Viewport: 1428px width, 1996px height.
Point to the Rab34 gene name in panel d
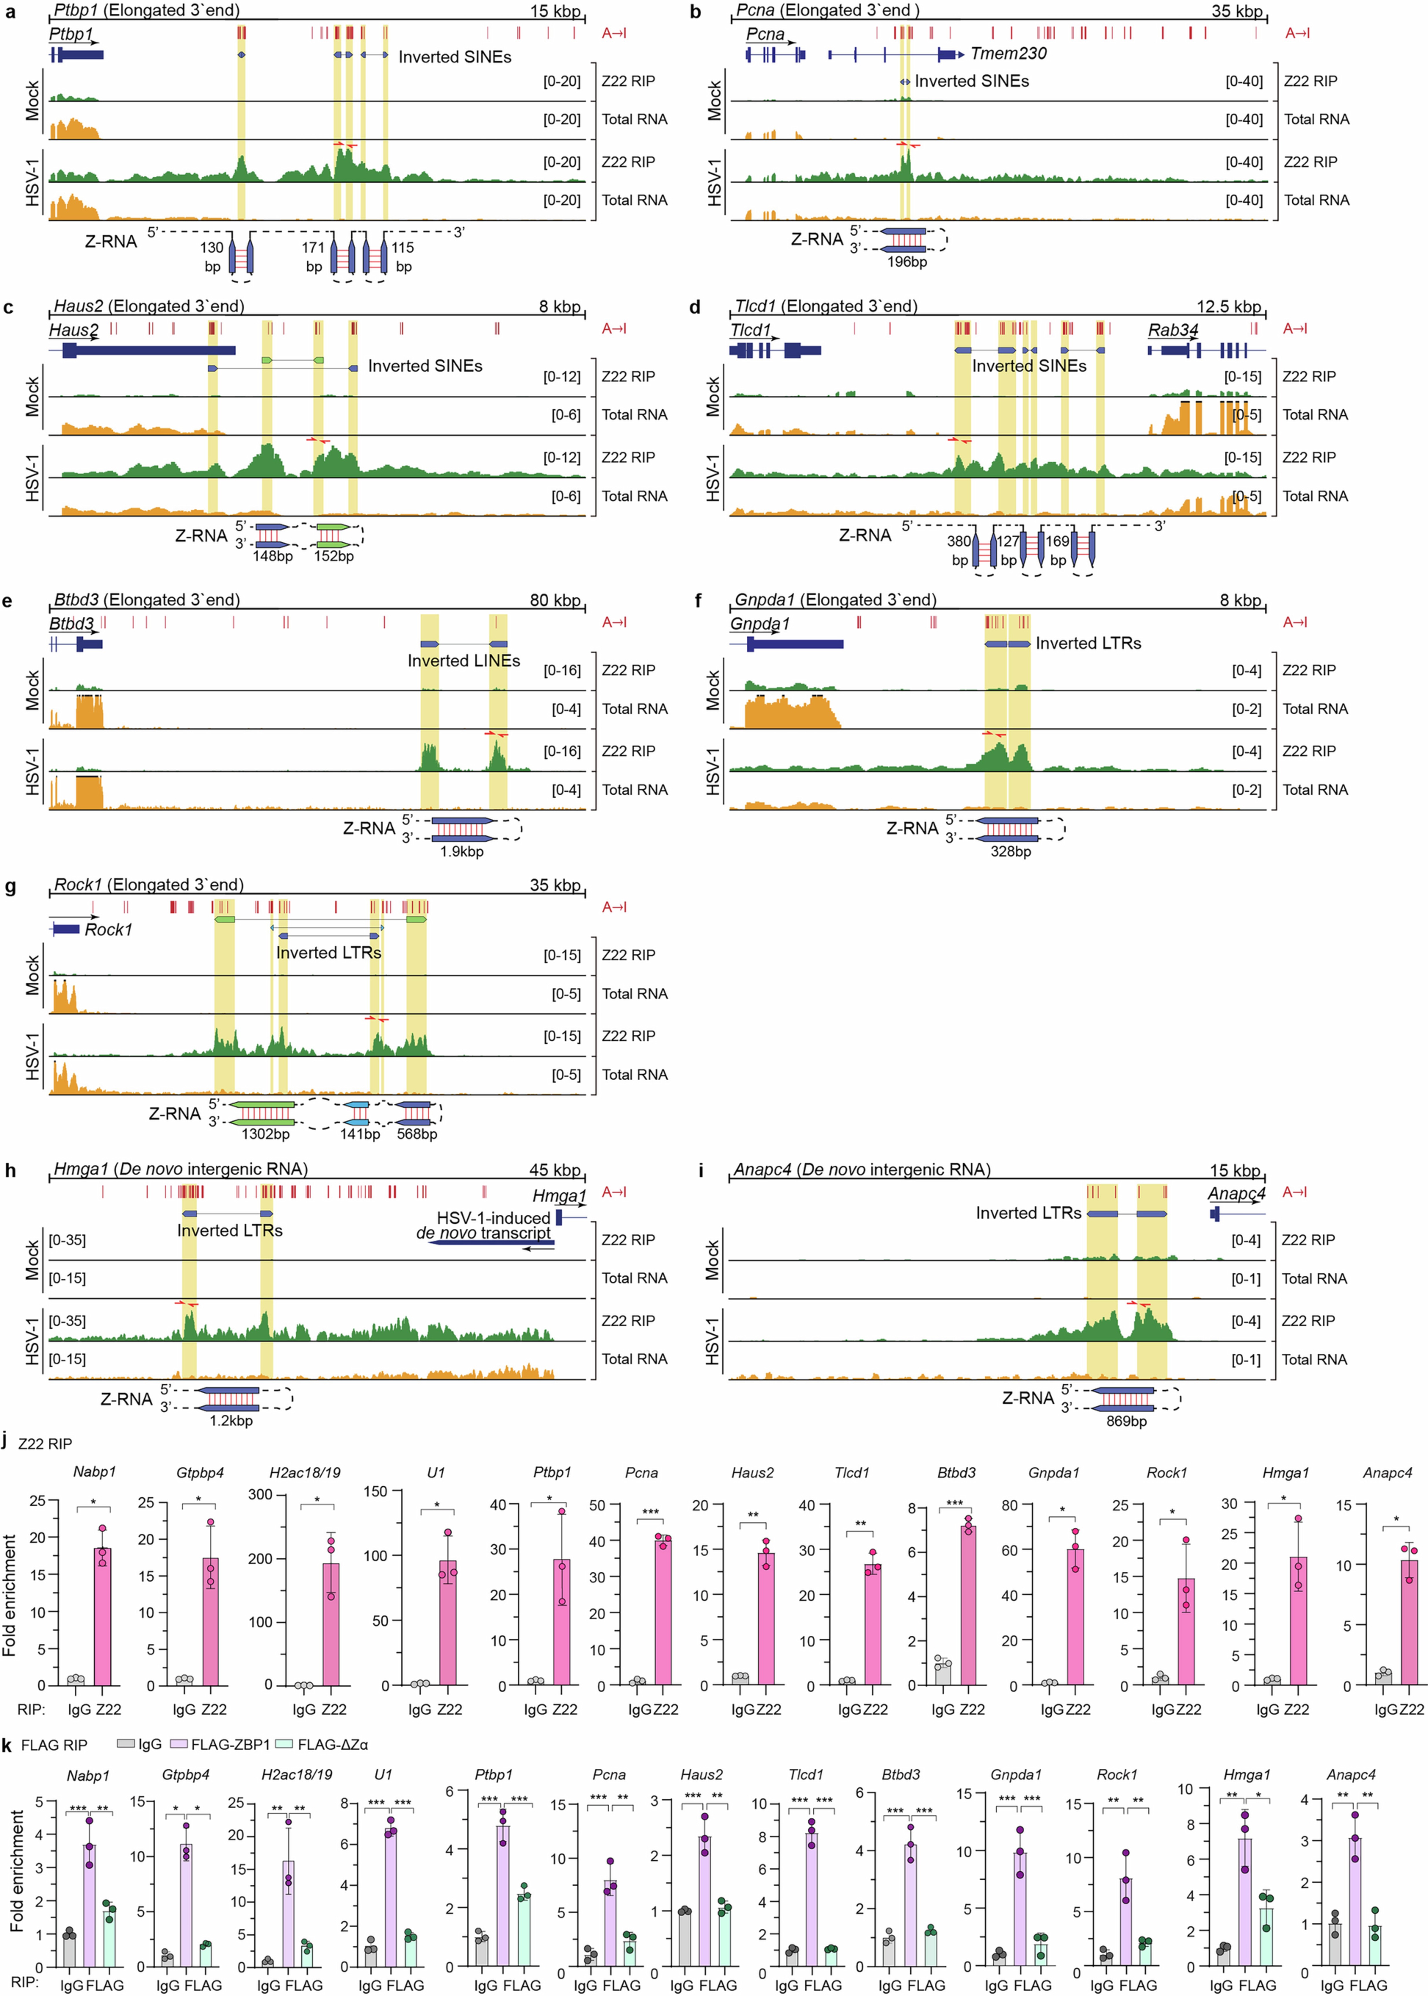tap(1173, 331)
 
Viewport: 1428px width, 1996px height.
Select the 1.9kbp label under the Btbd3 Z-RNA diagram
tap(462, 851)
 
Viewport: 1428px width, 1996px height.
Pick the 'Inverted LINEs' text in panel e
tap(463, 660)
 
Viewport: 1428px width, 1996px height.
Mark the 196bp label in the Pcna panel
tap(907, 261)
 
